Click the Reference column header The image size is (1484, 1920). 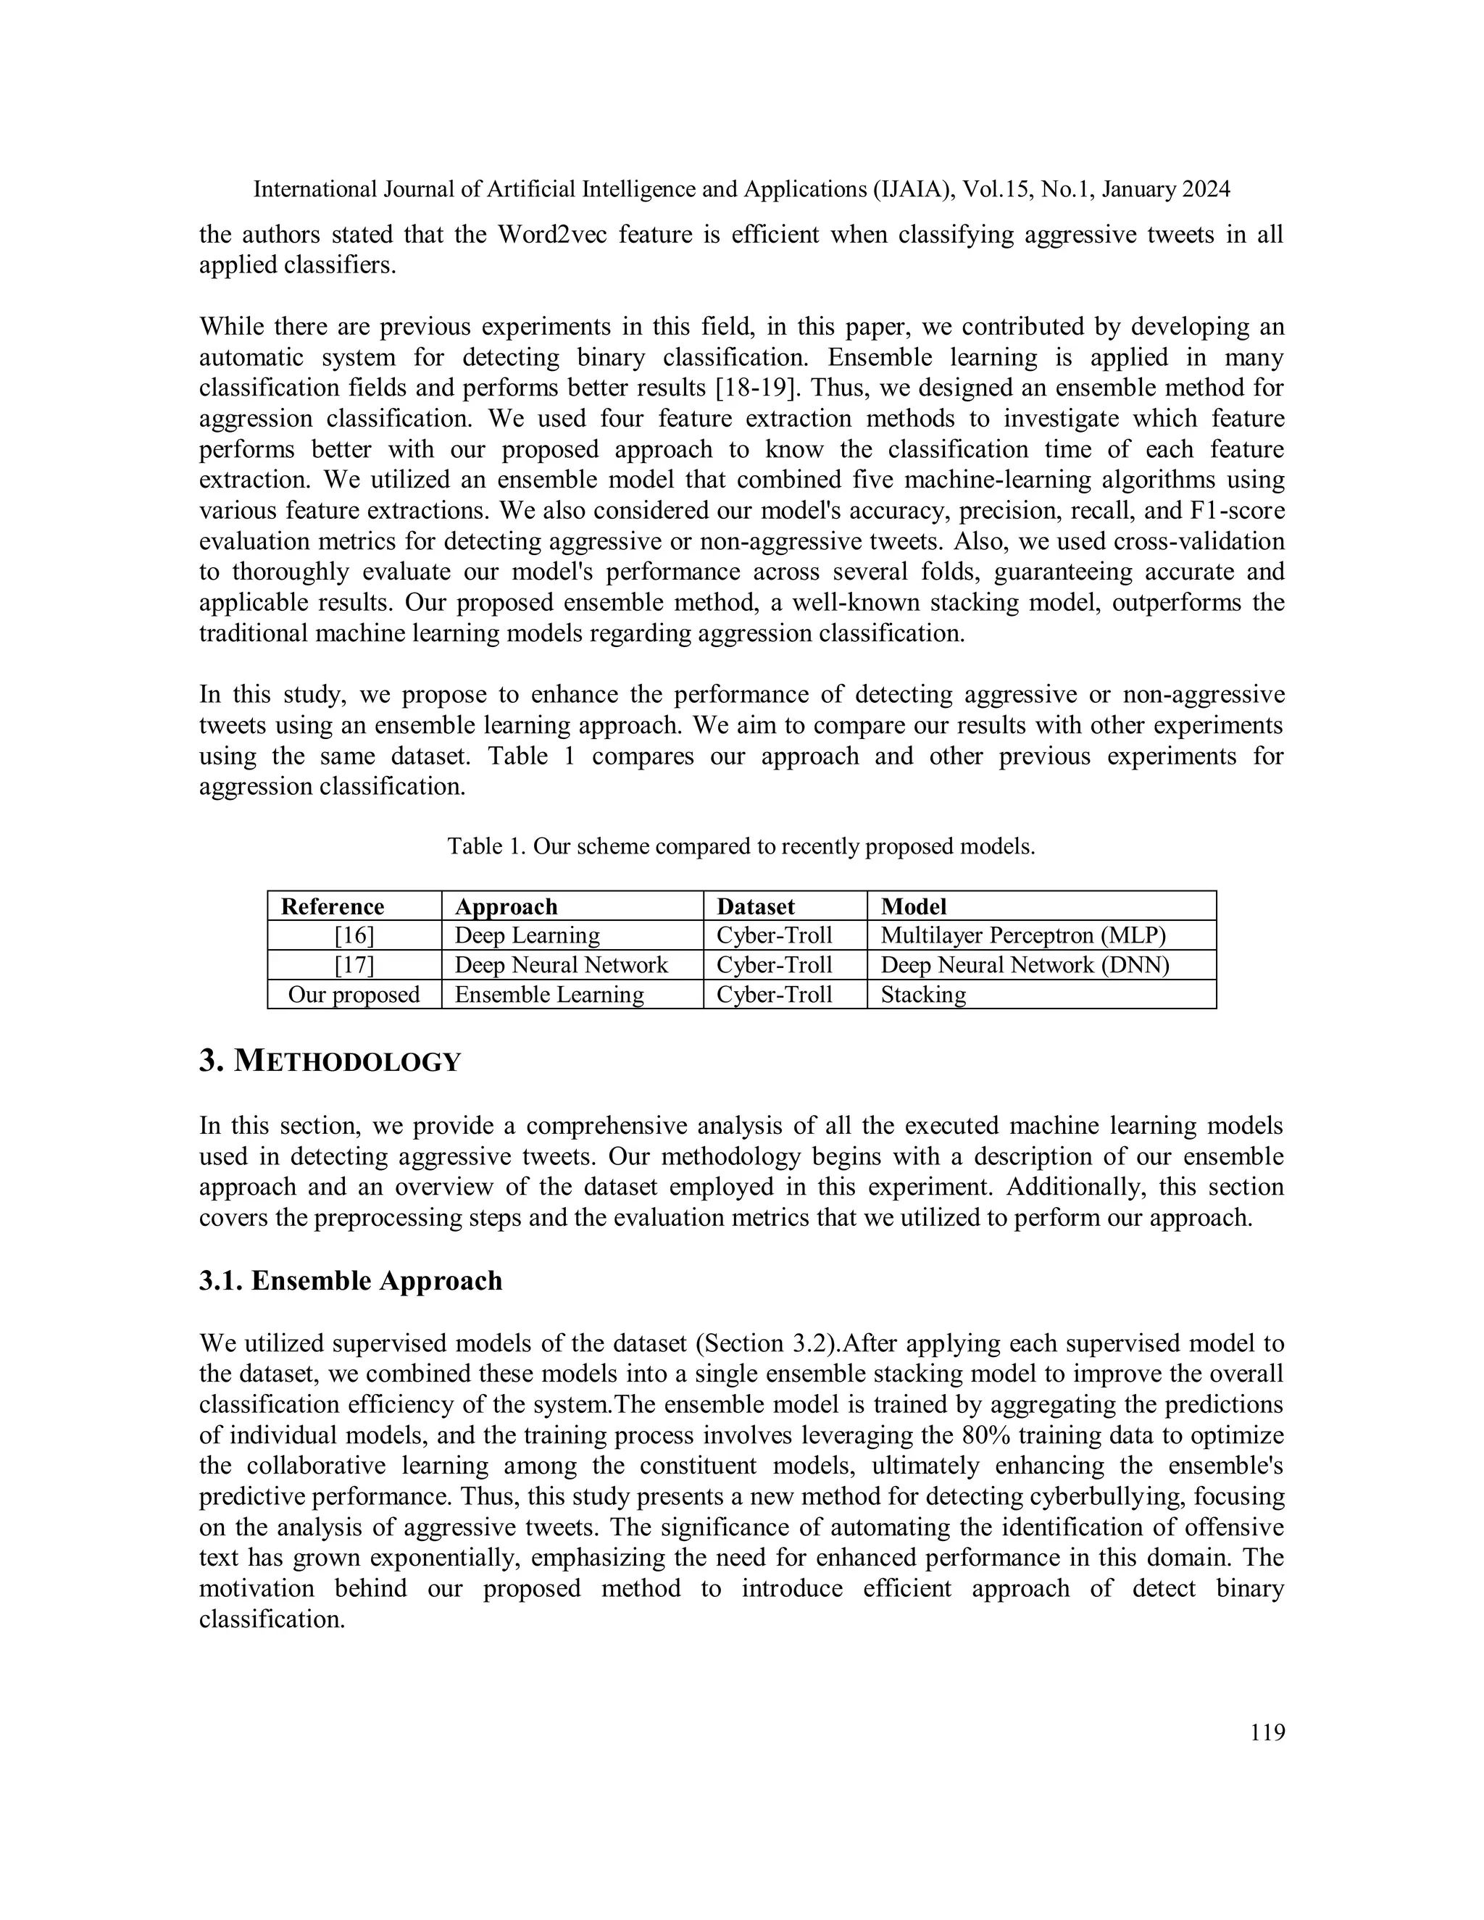coord(333,906)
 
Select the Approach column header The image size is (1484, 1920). coord(506,906)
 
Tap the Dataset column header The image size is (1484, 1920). coord(755,906)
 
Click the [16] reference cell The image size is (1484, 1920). coord(354,935)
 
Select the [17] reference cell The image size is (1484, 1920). coord(354,965)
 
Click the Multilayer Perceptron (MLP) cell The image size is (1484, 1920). coord(1023,935)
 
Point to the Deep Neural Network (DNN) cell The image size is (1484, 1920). coord(1025,965)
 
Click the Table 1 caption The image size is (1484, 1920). coord(741,846)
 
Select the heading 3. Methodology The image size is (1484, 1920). coord(330,1061)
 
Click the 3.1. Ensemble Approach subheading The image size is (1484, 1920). coord(350,1281)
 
